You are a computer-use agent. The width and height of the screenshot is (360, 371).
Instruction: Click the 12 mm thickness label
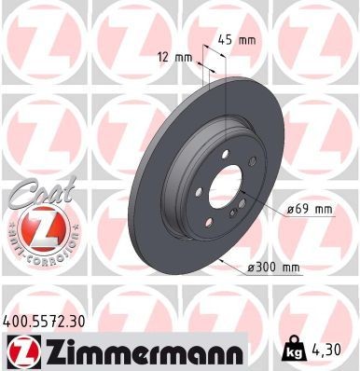pos(176,56)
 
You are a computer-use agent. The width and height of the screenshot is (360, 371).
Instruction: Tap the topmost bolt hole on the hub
pos(225,160)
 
